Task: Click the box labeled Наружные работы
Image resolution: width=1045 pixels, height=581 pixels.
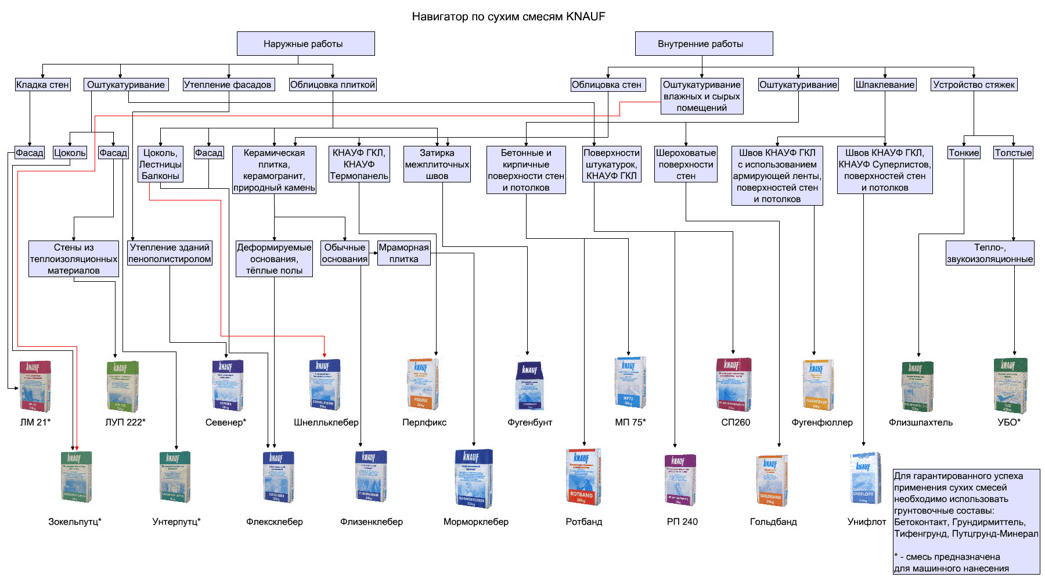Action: pos(305,44)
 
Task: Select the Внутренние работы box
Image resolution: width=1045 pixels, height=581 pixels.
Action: pos(704,44)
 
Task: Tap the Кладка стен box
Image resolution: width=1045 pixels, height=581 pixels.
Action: pos(42,85)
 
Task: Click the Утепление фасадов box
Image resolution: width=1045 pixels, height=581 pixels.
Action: pos(228,85)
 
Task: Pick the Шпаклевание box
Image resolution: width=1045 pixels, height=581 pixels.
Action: pos(885,85)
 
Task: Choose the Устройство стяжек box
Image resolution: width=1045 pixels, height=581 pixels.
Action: pos(974,85)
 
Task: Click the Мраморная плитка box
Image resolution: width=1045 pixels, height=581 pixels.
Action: pos(403,253)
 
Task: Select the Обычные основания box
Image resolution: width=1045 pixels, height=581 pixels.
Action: pos(345,253)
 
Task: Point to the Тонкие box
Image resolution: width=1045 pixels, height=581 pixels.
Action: pos(964,153)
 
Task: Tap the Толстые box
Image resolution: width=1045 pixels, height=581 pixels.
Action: pos(1013,153)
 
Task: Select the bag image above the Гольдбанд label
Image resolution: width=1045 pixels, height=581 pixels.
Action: pos(772,480)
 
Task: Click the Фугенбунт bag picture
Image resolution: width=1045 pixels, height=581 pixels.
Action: pos(529,385)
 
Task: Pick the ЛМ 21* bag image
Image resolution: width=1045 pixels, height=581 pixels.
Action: pos(35,386)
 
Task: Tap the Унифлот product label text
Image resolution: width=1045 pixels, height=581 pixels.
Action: pos(866,522)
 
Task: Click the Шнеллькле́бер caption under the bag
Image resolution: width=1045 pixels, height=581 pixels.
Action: pos(326,422)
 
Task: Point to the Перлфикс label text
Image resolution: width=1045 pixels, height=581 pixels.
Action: pos(424,422)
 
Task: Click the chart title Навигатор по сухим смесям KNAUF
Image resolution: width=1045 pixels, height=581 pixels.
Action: pos(509,17)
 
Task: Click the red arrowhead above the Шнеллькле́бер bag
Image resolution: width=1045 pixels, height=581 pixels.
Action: pos(324,354)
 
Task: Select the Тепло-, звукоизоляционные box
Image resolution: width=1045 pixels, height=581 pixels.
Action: pos(989,253)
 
